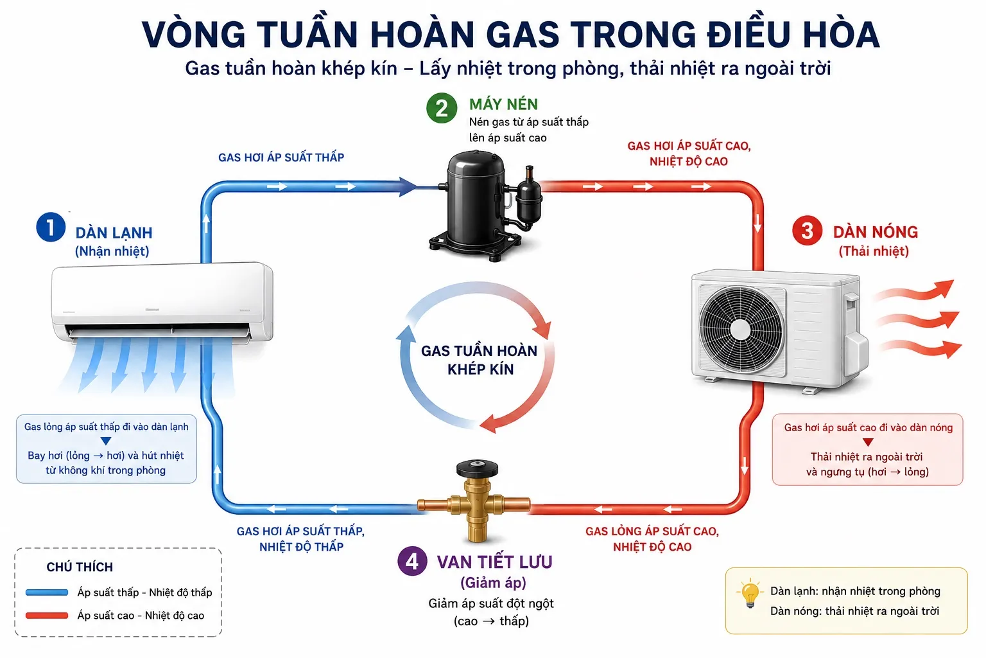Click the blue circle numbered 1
[51, 227]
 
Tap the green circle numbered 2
[441, 108]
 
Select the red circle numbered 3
[807, 231]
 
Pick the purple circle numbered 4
[412, 561]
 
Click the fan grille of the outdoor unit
[741, 330]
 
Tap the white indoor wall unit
[162, 302]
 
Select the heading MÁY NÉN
[503, 105]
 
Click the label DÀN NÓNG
[876, 232]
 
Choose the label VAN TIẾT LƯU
[494, 562]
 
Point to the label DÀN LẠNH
[114, 233]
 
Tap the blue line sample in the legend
[47, 592]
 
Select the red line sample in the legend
[47, 616]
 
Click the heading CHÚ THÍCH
[80, 567]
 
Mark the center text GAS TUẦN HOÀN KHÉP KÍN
[480, 360]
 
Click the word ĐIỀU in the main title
[748, 34]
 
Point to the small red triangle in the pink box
[868, 442]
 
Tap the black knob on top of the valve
[477, 469]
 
